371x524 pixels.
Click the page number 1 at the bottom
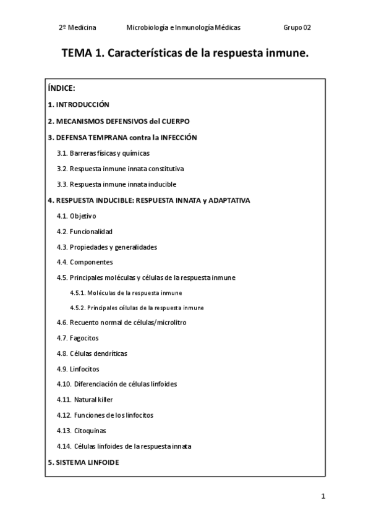[x=323, y=496]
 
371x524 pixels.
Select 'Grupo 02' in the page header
[x=297, y=28]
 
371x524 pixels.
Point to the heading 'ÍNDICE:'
[x=61, y=88]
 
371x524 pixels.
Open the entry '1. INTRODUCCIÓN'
[x=79, y=104]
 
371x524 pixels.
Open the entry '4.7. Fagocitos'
[x=77, y=338]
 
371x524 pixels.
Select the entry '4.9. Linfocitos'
[x=77, y=369]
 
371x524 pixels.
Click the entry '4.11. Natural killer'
[x=85, y=400]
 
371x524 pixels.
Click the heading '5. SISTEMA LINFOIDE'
[x=83, y=462]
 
